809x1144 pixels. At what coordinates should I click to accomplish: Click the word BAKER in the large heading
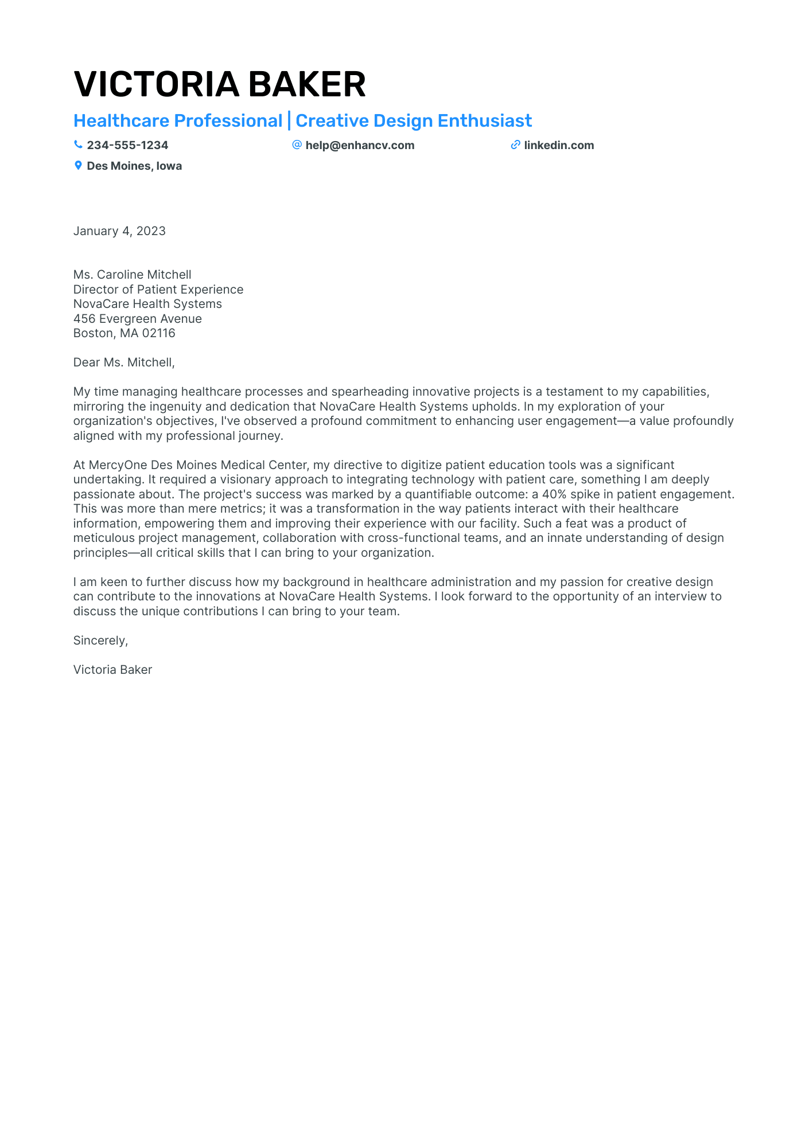[306, 84]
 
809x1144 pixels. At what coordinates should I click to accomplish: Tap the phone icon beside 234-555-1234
[78, 145]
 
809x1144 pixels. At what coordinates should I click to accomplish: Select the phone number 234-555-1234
[127, 145]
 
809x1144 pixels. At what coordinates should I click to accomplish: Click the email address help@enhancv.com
[360, 145]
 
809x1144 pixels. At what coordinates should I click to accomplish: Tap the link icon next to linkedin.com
[515, 145]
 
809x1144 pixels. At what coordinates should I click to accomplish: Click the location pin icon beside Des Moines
[78, 166]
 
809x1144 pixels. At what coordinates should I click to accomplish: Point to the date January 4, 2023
[119, 231]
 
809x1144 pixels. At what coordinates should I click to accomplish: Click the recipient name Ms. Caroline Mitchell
[132, 275]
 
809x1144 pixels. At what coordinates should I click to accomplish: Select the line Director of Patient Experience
[158, 290]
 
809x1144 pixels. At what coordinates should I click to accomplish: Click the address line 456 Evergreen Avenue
[138, 319]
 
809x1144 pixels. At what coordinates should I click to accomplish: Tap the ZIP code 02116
[158, 333]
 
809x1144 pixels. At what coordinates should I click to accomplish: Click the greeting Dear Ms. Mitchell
[124, 362]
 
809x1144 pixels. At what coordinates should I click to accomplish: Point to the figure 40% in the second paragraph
[554, 494]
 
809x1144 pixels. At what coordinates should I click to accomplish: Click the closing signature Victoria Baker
[112, 670]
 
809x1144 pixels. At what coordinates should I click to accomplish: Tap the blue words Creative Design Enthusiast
[414, 121]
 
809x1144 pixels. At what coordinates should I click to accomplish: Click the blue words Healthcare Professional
[178, 121]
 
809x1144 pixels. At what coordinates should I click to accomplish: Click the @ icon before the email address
[297, 145]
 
